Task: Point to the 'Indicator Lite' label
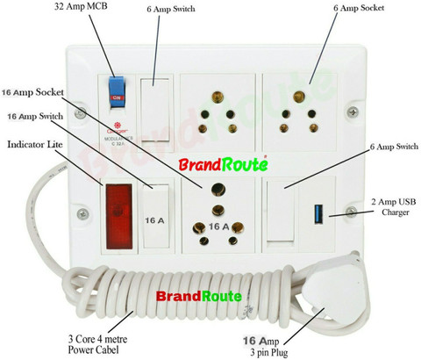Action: coord(40,142)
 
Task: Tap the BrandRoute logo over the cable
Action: coord(198,296)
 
